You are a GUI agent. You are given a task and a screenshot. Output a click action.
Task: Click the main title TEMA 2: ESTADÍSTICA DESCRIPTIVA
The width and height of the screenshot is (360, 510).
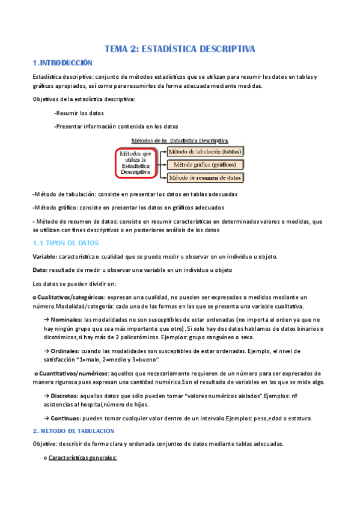tap(180, 49)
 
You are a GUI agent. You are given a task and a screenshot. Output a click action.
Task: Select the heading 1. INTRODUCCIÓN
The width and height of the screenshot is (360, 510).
tap(63, 63)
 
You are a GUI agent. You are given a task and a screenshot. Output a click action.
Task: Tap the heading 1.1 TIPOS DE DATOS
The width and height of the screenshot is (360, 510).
tap(65, 243)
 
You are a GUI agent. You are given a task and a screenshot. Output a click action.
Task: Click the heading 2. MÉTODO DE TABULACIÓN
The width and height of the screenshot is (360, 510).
tap(73, 431)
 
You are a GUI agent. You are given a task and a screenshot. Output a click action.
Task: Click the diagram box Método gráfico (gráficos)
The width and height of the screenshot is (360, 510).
tap(208, 164)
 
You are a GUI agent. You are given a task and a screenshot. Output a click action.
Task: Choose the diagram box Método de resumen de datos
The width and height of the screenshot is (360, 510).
tap(208, 178)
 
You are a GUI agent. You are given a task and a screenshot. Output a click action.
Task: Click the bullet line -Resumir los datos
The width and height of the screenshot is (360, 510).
tap(79, 112)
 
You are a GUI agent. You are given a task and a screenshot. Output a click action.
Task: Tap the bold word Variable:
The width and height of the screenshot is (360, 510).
tap(45, 256)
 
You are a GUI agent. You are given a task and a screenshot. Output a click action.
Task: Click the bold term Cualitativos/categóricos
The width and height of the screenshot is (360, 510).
tap(69, 297)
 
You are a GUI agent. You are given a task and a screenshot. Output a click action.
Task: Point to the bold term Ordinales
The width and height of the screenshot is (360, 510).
tap(66, 351)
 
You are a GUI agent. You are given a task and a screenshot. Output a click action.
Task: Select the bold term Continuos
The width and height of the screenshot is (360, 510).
tap(65, 418)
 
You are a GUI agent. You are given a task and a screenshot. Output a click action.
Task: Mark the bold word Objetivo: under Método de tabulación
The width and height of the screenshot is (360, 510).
tap(45, 444)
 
